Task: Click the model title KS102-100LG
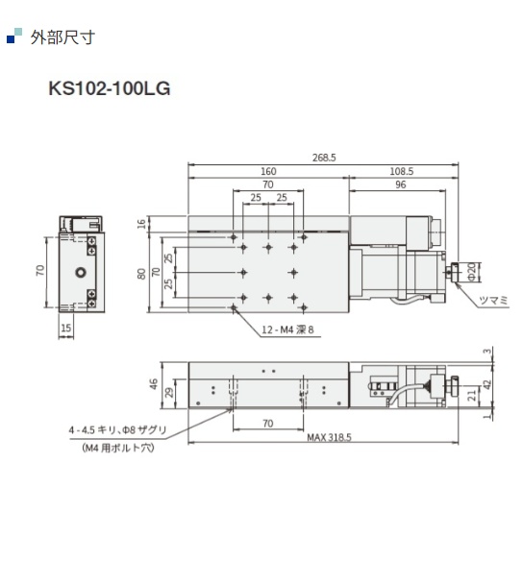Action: (x=109, y=90)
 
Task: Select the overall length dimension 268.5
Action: (x=322, y=158)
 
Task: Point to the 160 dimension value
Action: (x=268, y=171)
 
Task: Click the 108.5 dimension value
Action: (x=402, y=171)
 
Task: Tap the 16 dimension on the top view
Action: (x=141, y=224)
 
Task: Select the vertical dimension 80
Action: (x=141, y=274)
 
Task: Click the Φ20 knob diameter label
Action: (x=471, y=273)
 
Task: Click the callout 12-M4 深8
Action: (x=288, y=329)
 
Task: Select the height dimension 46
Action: (x=153, y=383)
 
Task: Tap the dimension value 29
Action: (x=170, y=393)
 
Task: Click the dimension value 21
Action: (x=473, y=394)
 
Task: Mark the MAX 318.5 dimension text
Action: (x=329, y=436)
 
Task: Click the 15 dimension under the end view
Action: (x=66, y=329)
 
